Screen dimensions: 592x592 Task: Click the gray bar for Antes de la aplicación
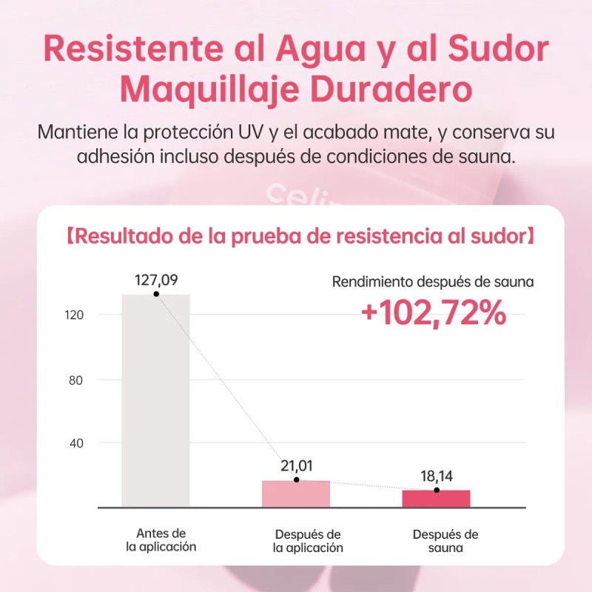coord(155,400)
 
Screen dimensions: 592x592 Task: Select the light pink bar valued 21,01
coord(296,494)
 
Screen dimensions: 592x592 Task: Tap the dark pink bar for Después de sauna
coord(436,499)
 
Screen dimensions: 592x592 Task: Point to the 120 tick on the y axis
coord(74,315)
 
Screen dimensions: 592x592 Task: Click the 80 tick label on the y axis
coord(75,380)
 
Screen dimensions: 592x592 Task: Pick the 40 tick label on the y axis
coord(76,443)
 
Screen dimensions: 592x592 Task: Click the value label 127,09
coord(156,280)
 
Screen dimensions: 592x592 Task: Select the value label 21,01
coord(297,466)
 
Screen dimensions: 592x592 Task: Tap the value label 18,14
coord(437,476)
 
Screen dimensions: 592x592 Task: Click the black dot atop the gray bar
coord(156,294)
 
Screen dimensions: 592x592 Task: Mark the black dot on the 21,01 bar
coord(297,480)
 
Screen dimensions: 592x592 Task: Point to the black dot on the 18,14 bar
coord(437,490)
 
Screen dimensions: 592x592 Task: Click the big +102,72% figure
coord(434,312)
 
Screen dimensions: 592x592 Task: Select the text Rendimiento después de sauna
coord(433,282)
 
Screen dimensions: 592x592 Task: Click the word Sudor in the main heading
coord(498,49)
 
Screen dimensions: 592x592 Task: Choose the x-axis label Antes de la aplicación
coord(161,540)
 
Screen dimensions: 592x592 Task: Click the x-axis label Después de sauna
coord(445,541)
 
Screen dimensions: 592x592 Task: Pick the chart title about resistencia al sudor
coord(300,236)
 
